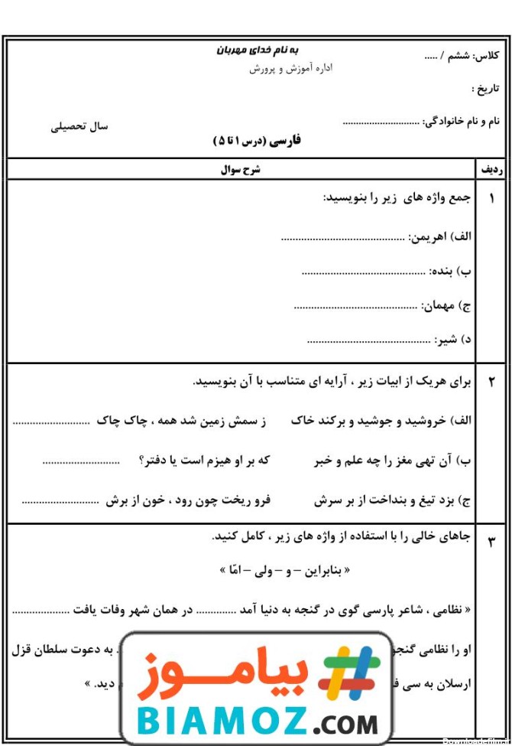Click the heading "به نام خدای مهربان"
pyautogui.click(x=257, y=51)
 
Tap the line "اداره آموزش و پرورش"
pyautogui.click(x=290, y=69)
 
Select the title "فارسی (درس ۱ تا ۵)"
pyautogui.click(x=257, y=140)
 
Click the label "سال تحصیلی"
pyautogui.click(x=79, y=126)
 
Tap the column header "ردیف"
pyautogui.click(x=491, y=170)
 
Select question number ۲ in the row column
pyautogui.click(x=491, y=382)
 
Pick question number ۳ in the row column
pyautogui.click(x=491, y=542)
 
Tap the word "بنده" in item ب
pyautogui.click(x=442, y=271)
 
